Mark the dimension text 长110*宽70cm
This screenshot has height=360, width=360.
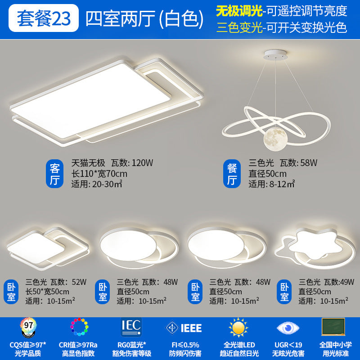coord(99,174)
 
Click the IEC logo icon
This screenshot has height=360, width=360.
coord(131,327)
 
